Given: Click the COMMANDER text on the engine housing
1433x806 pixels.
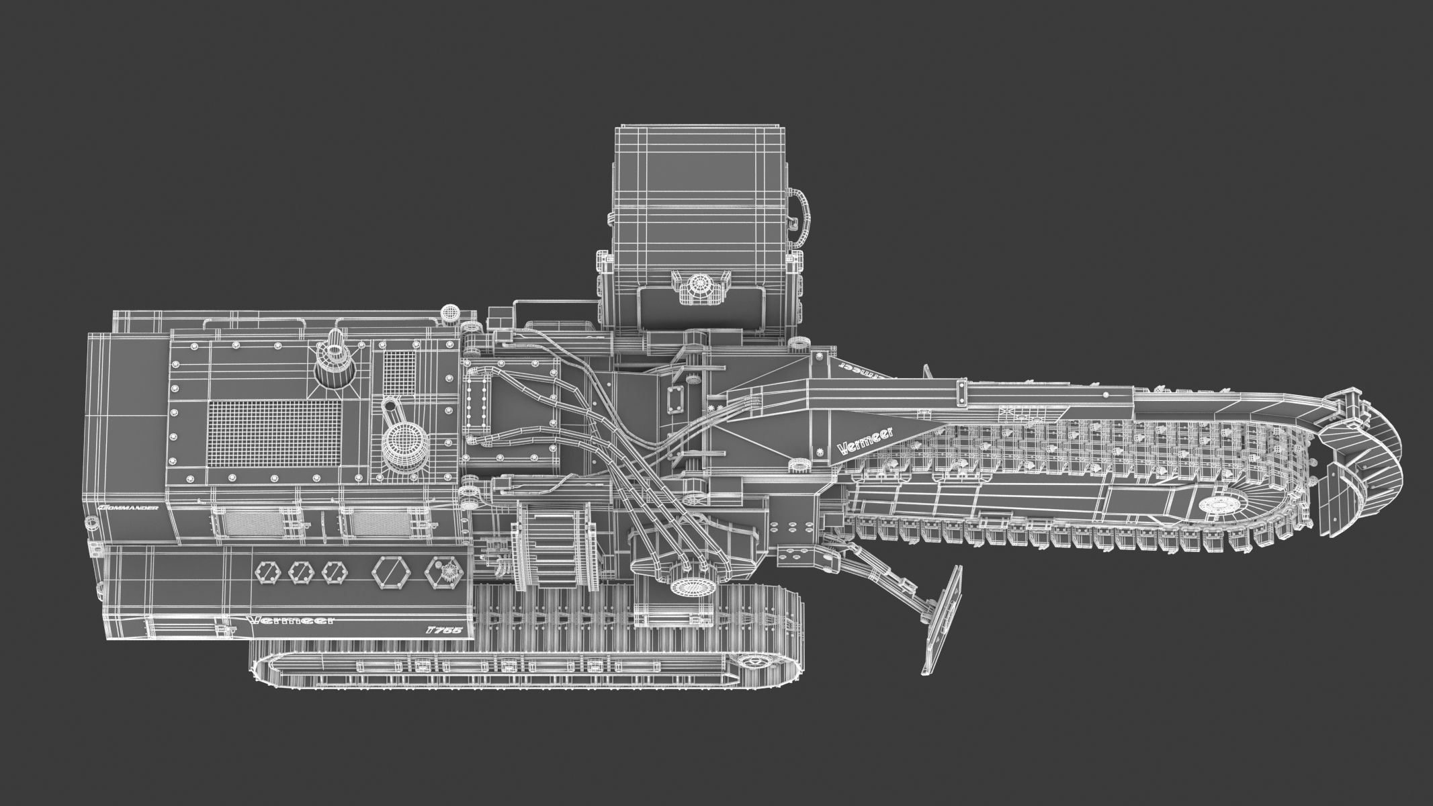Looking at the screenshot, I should click(x=128, y=508).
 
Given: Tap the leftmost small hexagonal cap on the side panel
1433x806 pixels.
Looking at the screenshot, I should click(x=265, y=572).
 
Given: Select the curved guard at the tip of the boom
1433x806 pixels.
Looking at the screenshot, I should click(x=1364, y=463).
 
